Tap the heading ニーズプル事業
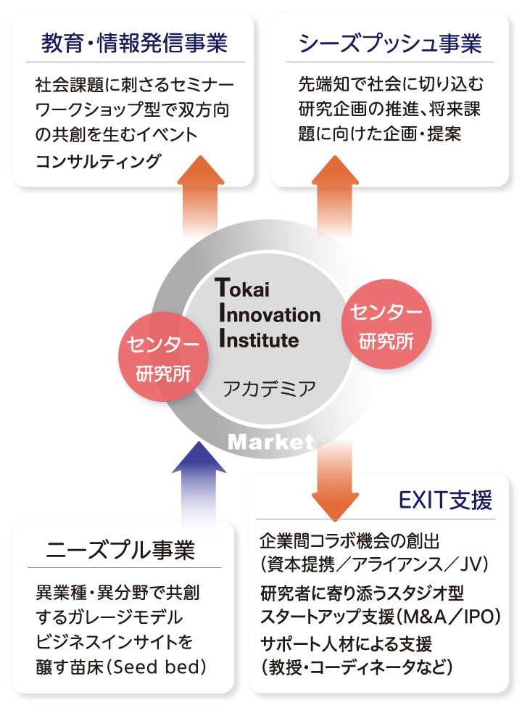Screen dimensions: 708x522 121,549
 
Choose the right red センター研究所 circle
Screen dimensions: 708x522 386,326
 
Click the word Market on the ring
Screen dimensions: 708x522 271,442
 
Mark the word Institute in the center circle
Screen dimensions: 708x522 258,339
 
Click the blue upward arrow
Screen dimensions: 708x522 204,482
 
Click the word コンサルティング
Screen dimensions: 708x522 98,161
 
